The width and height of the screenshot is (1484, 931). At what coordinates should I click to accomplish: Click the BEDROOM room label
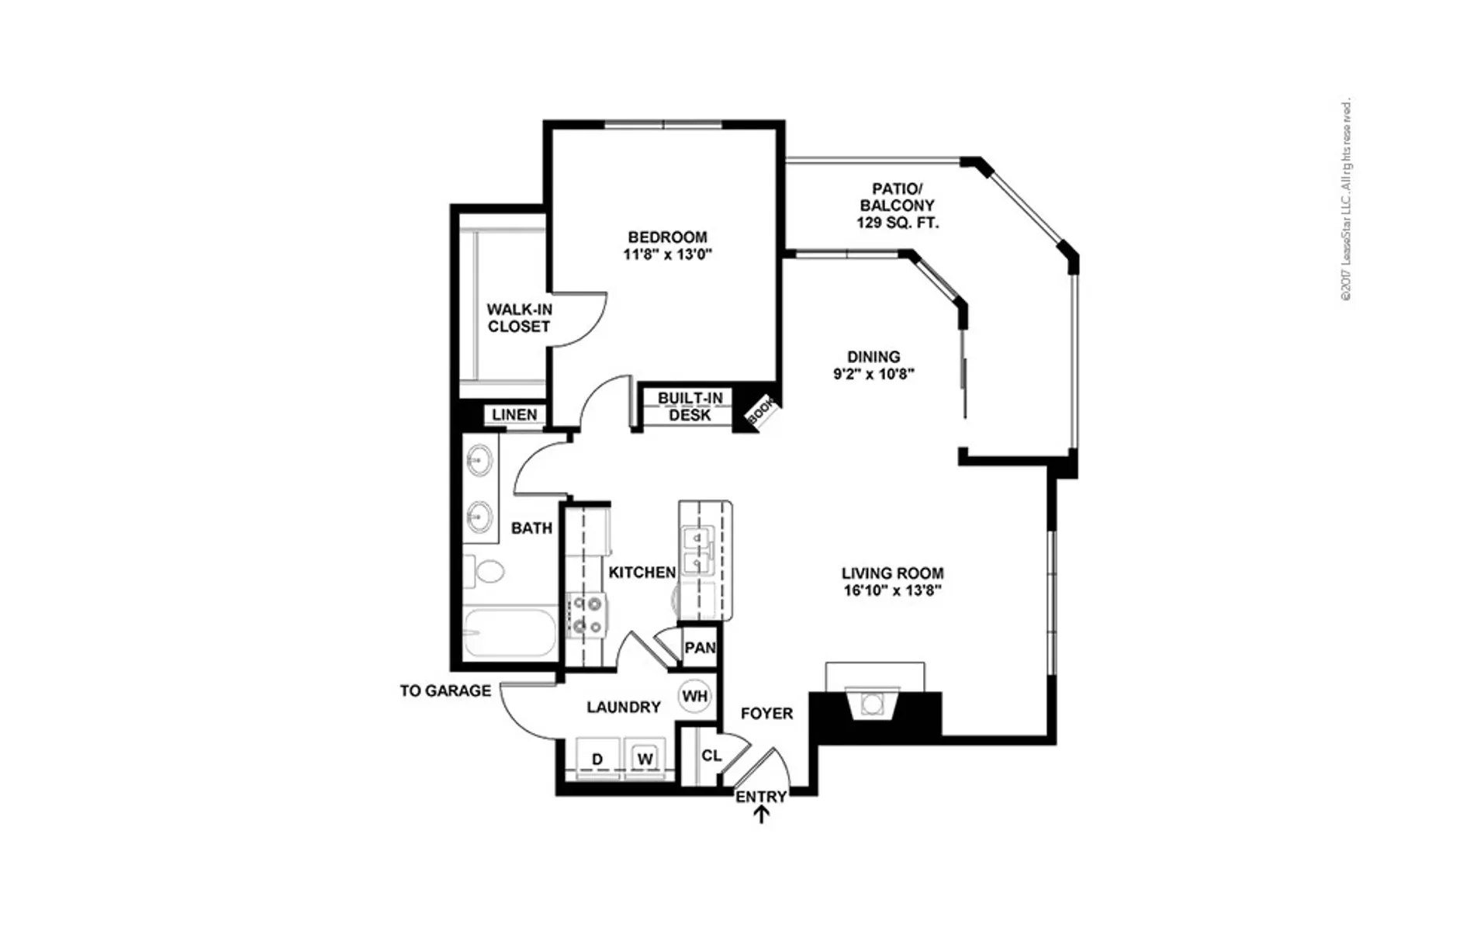tap(667, 237)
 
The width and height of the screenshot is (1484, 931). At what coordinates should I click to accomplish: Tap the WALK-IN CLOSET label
tap(519, 318)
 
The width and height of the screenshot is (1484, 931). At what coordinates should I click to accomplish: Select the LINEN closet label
tap(514, 414)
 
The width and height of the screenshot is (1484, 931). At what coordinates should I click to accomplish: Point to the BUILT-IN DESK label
tap(690, 407)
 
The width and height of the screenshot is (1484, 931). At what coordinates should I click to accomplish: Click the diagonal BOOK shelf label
tap(761, 410)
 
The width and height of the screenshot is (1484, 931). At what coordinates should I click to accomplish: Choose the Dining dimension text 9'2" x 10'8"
tap(873, 374)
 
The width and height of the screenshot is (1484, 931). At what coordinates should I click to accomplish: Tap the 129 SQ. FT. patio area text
tap(898, 223)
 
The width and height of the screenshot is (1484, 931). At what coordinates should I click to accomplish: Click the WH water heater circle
tap(694, 696)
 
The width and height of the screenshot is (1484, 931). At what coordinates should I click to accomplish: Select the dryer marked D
tap(597, 758)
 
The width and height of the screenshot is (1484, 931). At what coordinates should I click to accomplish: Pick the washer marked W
tap(645, 758)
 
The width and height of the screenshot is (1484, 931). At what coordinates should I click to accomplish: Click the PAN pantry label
tap(700, 647)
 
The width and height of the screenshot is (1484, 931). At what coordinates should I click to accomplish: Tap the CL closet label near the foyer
tap(711, 755)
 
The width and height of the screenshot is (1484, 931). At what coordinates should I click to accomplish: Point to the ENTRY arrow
tap(762, 814)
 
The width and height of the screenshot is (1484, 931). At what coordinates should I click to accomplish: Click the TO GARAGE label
tap(445, 690)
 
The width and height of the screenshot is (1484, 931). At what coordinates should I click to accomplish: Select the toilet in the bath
tap(484, 573)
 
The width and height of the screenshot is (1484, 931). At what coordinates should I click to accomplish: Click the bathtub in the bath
tap(510, 632)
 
